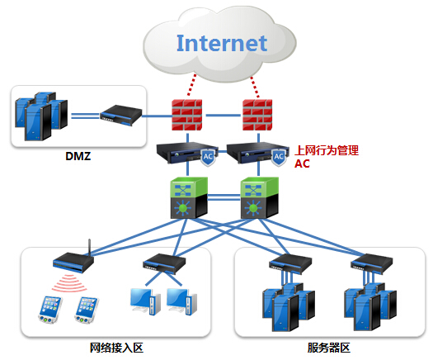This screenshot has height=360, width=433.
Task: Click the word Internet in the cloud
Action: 222,43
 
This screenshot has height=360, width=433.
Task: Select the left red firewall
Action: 187,115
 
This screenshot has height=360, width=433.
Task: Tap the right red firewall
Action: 257,115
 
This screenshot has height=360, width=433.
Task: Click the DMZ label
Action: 78,156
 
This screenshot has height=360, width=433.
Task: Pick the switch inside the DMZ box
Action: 121,116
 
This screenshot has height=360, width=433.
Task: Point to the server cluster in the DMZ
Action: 41,116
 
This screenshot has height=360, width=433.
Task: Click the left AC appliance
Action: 187,154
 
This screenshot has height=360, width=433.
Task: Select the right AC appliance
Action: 258,154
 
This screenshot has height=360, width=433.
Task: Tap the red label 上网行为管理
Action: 327,150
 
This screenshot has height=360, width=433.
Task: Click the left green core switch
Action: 189,197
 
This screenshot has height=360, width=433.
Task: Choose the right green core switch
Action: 260,197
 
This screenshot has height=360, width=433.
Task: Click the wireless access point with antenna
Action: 73,259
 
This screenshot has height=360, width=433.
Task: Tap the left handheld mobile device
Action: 49,310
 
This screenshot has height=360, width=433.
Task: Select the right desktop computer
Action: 181,301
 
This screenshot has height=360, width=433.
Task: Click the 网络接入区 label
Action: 116,348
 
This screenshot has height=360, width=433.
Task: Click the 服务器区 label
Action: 328,348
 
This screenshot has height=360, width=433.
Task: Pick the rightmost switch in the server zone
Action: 372,263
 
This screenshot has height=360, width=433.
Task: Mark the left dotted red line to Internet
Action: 192,85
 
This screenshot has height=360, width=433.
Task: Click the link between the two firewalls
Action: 223,115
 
